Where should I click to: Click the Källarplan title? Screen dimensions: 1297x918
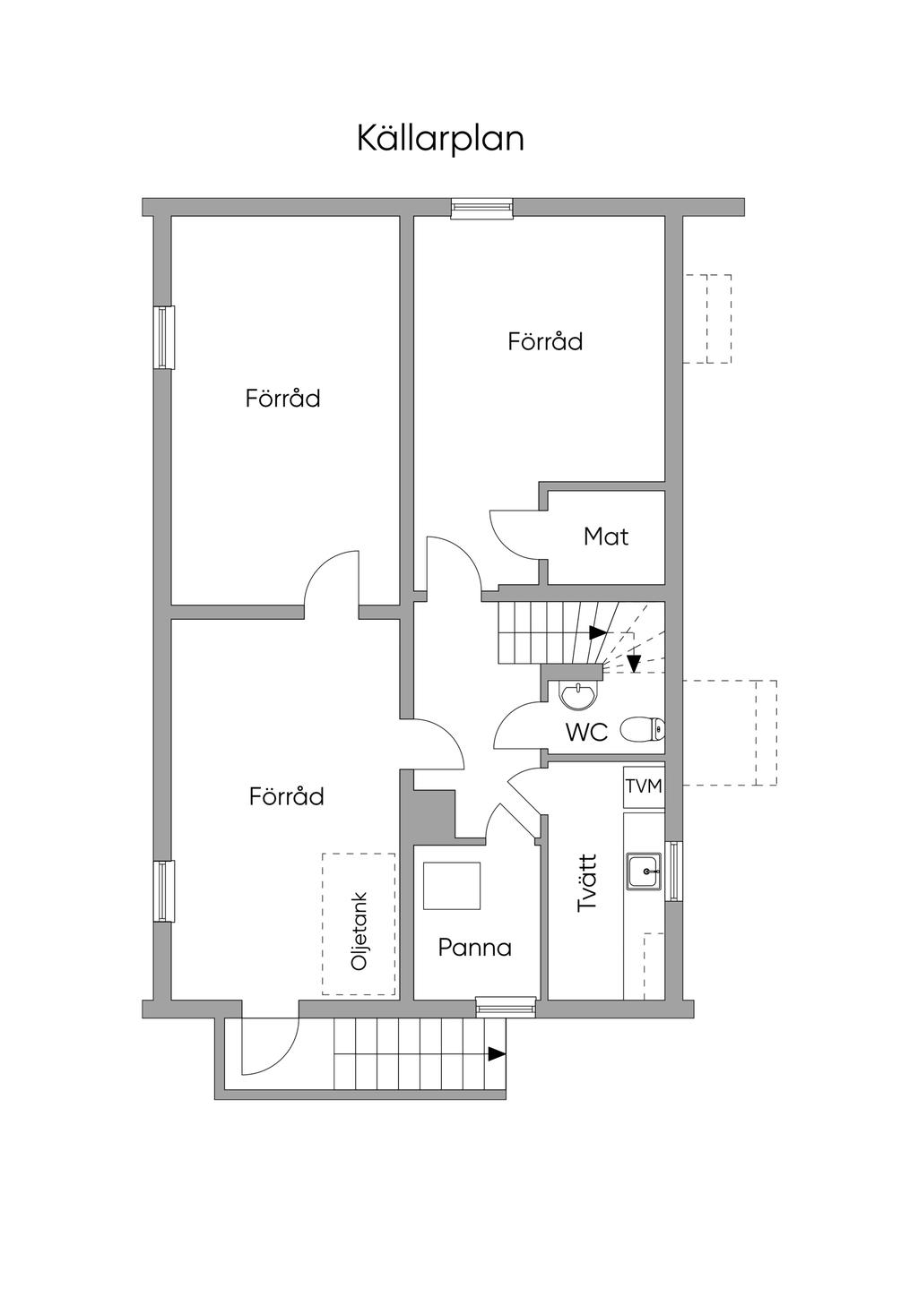pyautogui.click(x=440, y=139)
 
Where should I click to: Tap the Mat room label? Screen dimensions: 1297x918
pyautogui.click(x=606, y=537)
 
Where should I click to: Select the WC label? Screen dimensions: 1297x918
pyautogui.click(x=586, y=732)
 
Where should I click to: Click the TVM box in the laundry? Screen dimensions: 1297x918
pyautogui.click(x=644, y=787)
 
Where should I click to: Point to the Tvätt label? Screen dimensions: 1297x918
pyautogui.click(x=587, y=882)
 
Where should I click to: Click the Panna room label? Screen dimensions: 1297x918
pyautogui.click(x=474, y=947)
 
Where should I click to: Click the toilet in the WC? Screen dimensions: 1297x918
pyautogui.click(x=643, y=730)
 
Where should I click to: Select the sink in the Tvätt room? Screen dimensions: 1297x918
pyautogui.click(x=644, y=871)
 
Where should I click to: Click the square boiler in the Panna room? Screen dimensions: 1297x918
pyautogui.click(x=452, y=885)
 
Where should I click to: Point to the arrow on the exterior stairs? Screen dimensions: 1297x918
pyautogui.click(x=496, y=1054)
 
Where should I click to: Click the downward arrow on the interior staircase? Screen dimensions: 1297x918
pyautogui.click(x=634, y=663)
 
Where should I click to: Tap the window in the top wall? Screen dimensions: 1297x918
pyautogui.click(x=482, y=208)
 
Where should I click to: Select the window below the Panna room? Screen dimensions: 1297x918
pyautogui.click(x=506, y=1008)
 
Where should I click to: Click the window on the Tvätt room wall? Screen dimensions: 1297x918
pyautogui.click(x=673, y=871)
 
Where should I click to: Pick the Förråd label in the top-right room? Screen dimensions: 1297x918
pyautogui.click(x=545, y=341)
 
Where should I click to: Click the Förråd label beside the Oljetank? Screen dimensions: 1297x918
pyautogui.click(x=286, y=796)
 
